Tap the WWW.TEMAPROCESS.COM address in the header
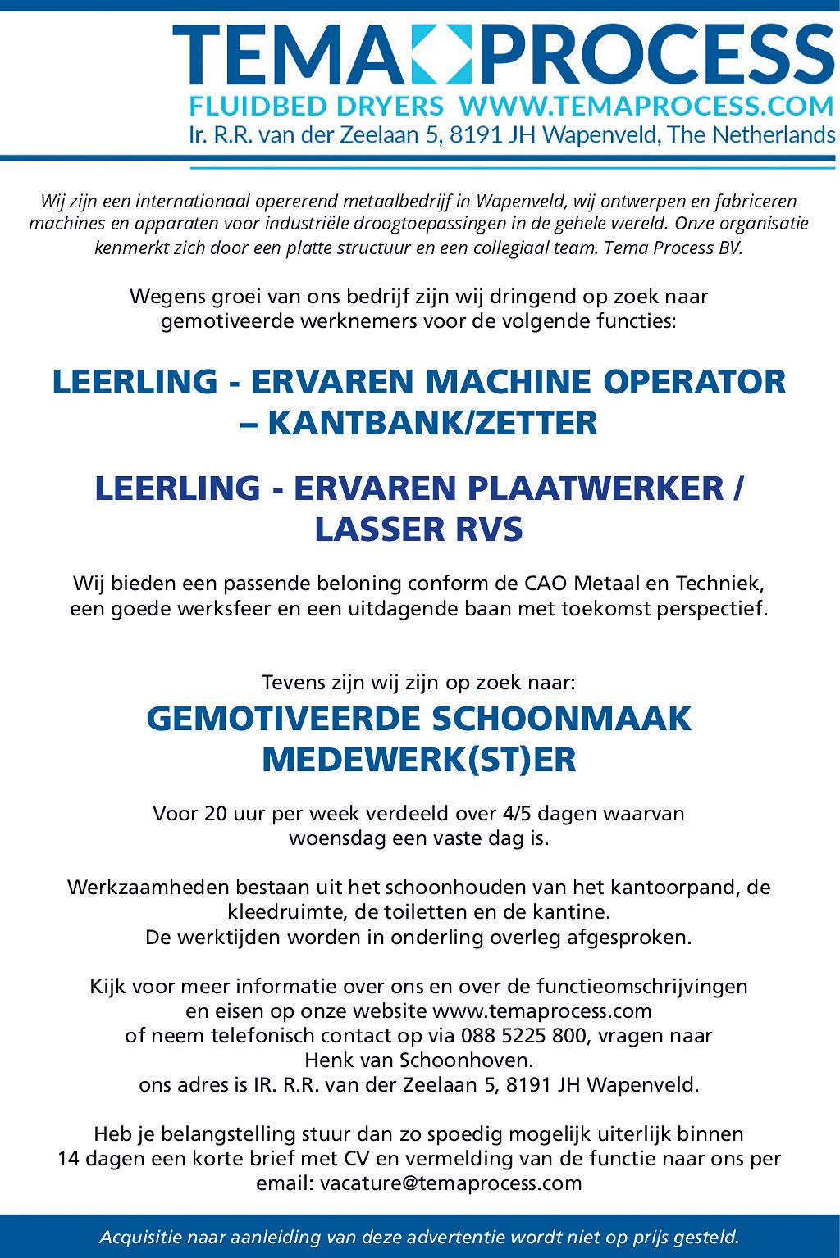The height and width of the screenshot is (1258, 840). click(x=646, y=106)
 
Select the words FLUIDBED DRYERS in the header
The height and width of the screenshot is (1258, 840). click(x=317, y=106)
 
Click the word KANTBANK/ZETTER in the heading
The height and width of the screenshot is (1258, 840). click(x=431, y=423)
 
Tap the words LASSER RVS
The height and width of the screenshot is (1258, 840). click(x=419, y=529)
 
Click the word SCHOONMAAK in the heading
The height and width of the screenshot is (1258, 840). click(x=562, y=719)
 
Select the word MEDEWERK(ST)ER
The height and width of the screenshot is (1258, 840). click(x=419, y=760)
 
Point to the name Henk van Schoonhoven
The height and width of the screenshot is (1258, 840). click(x=418, y=1060)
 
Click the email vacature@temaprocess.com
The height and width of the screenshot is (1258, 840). click(x=451, y=1183)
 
